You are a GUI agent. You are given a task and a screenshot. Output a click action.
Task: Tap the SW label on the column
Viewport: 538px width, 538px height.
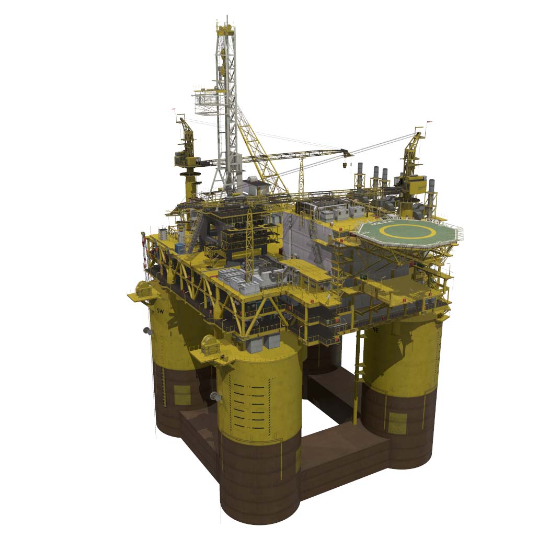click(x=161, y=311)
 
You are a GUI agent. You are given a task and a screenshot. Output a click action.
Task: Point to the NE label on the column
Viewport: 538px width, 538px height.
click(x=375, y=330)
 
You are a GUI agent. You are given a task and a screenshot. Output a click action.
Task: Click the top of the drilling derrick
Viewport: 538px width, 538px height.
click(x=226, y=26)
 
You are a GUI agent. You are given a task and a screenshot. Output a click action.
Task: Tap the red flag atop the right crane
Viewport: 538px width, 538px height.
click(x=430, y=124)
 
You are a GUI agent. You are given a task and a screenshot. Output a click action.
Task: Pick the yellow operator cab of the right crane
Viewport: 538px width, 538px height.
click(x=417, y=183)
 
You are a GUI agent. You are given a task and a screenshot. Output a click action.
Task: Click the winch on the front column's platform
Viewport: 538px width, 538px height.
click(x=211, y=345)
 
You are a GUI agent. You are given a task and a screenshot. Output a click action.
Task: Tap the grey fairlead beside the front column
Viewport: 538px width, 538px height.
click(x=214, y=396)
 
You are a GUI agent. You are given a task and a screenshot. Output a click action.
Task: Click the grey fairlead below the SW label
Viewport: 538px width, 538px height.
click(x=147, y=330)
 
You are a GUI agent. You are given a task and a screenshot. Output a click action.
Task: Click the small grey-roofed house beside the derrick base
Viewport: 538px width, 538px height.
click(x=257, y=185)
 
